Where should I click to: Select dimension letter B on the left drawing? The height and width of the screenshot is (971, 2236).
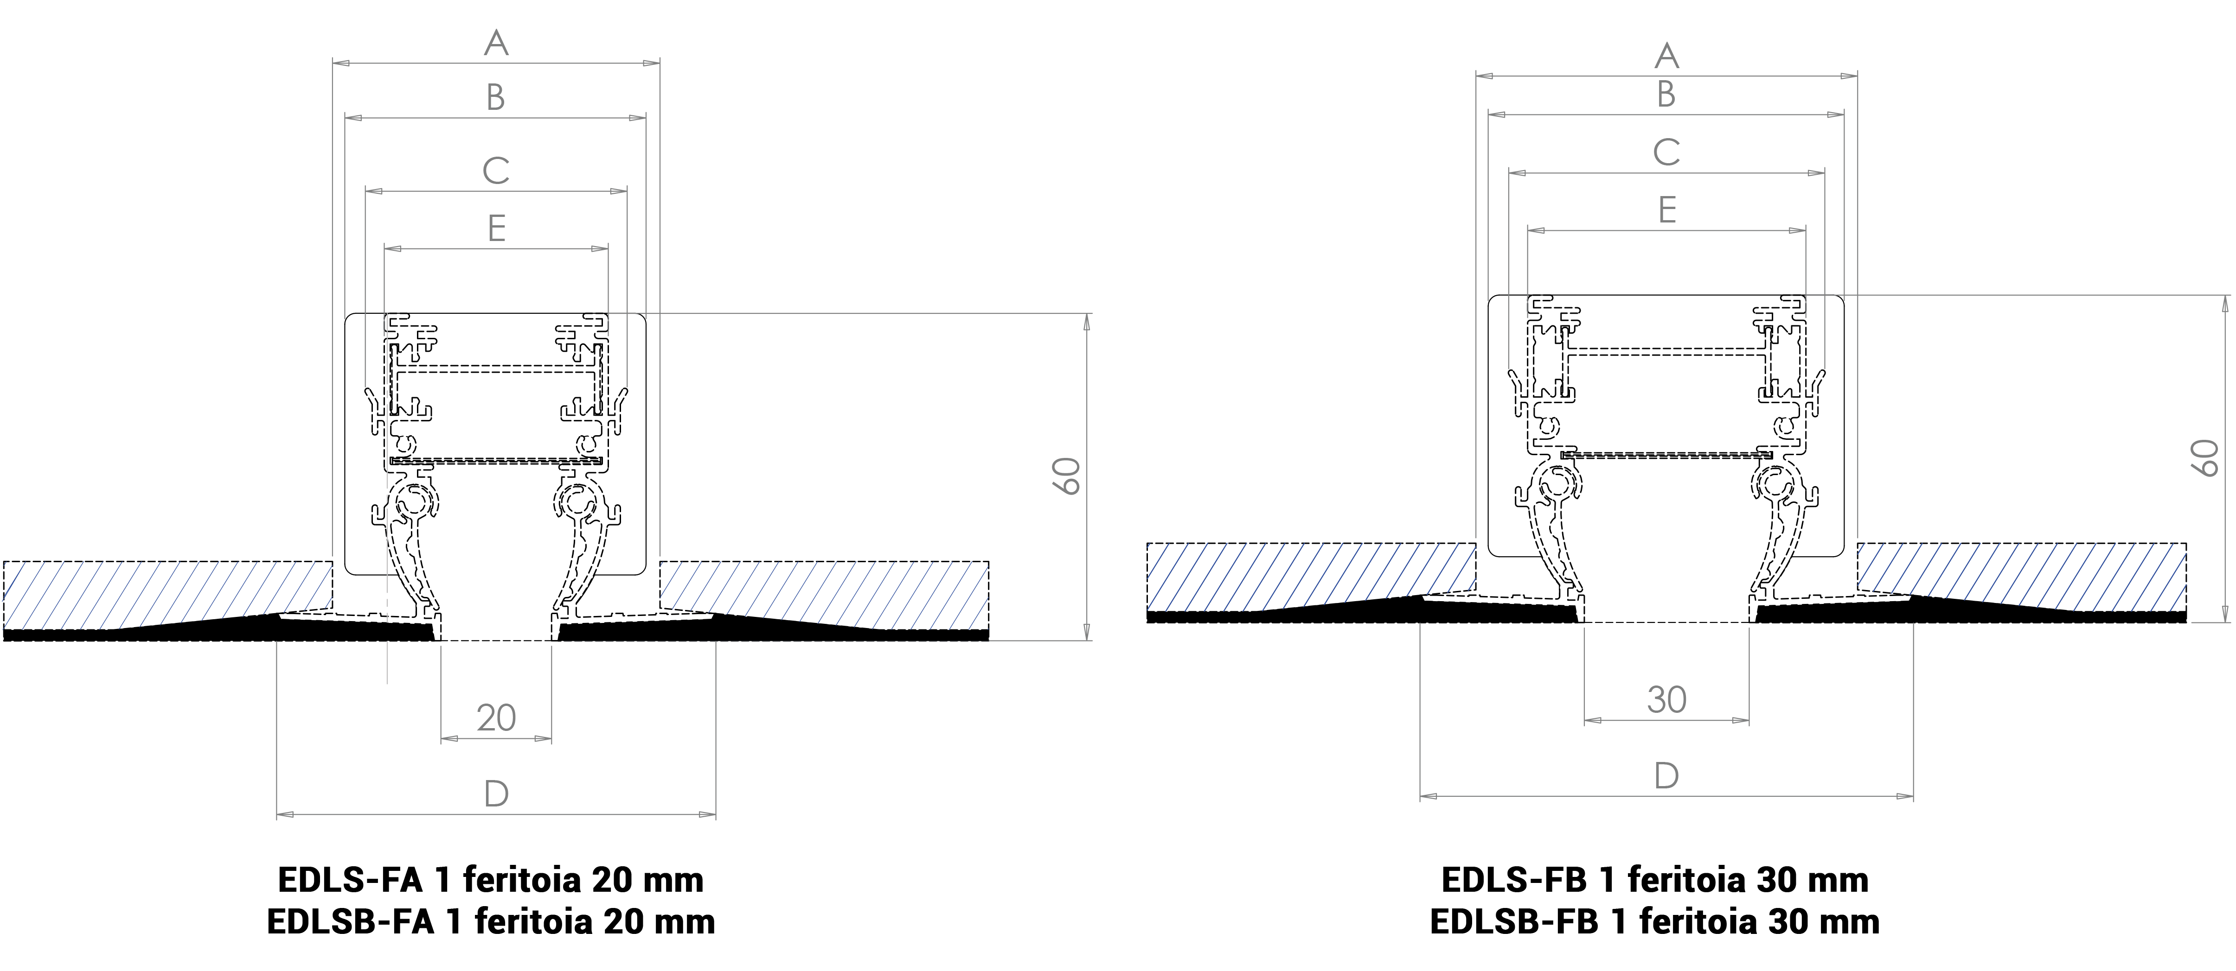[x=496, y=97]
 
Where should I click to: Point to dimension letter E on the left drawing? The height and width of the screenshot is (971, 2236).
[x=497, y=228]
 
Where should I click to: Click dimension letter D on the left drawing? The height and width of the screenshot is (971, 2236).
[x=496, y=793]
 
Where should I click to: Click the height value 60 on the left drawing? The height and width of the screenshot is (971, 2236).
[x=1067, y=476]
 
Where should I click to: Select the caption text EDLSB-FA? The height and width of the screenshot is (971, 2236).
[x=351, y=920]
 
